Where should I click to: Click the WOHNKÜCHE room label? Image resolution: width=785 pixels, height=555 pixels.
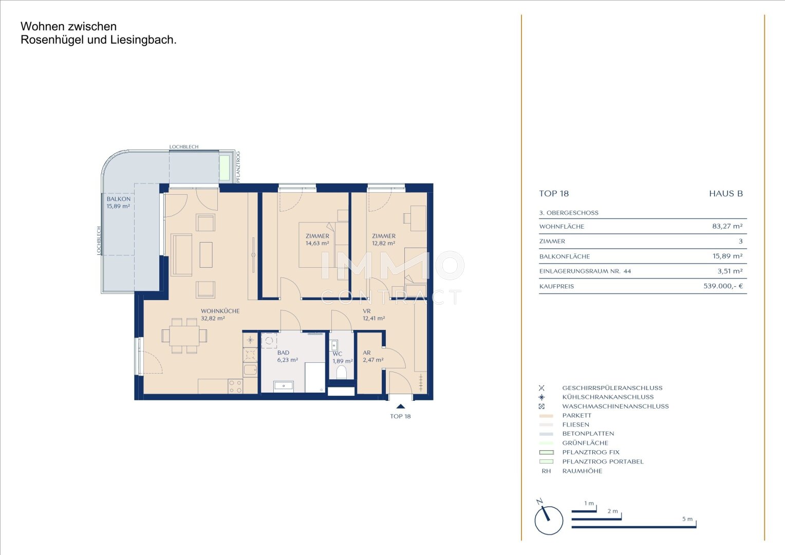[220, 311]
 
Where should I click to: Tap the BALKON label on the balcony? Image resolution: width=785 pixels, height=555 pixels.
[119, 199]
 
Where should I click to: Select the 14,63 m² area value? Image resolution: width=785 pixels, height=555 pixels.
[317, 243]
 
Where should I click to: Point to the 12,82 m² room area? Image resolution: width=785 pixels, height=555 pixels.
[383, 243]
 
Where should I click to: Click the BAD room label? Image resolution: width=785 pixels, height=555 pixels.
[283, 353]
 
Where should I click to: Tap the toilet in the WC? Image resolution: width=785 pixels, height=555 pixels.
[341, 373]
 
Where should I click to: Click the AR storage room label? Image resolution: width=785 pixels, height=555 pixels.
[367, 353]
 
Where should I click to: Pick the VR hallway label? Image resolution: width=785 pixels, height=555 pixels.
[367, 311]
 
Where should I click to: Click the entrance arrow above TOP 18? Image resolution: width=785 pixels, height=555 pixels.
[401, 406]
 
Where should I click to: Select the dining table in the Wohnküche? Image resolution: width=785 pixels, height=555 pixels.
[184, 336]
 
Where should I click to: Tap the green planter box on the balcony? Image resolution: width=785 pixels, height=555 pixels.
[225, 167]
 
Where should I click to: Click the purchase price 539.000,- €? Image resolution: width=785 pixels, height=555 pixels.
[723, 286]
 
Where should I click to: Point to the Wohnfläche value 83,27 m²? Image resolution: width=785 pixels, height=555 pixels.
[727, 226]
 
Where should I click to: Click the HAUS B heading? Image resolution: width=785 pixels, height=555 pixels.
[726, 194]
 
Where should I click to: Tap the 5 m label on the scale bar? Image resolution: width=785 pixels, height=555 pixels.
[687, 519]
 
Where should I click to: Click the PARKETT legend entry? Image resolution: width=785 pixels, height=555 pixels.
[576, 415]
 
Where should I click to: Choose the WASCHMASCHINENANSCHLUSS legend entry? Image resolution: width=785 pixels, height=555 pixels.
[615, 406]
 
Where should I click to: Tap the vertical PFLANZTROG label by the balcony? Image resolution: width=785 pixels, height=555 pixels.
[238, 167]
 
